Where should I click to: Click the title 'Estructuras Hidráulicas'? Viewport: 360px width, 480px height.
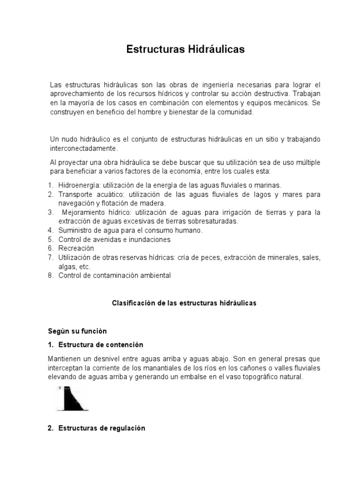click(186, 49)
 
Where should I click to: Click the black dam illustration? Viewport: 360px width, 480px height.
click(74, 398)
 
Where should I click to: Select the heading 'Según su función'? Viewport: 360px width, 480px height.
click(77, 331)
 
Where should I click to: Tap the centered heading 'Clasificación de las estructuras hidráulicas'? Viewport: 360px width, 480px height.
click(184, 303)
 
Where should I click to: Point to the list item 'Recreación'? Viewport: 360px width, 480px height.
click(76, 248)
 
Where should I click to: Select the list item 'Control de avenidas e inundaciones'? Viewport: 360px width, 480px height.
click(114, 239)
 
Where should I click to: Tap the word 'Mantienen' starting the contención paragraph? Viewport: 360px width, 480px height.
click(65, 359)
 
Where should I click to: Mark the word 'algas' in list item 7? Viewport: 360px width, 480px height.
click(67, 267)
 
